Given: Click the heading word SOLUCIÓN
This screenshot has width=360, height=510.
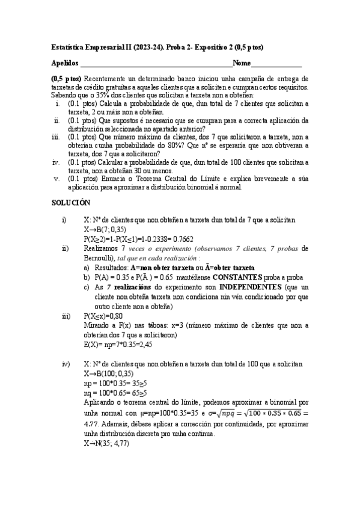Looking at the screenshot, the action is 70,203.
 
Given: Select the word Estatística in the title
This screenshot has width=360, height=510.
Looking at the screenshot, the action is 69,47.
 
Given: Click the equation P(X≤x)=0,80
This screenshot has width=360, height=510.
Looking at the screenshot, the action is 103,316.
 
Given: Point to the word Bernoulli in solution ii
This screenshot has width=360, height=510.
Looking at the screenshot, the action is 100,257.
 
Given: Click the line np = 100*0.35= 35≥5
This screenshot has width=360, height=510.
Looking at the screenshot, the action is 116,383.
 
